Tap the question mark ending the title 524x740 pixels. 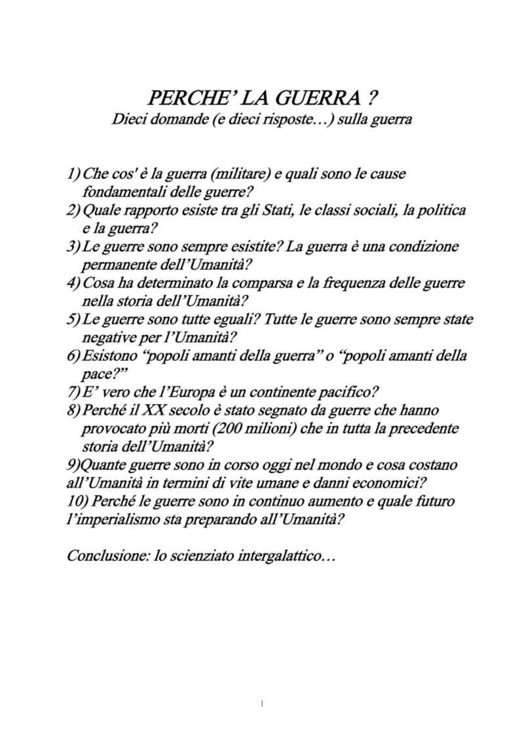coord(372,99)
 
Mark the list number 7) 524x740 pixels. coord(73,393)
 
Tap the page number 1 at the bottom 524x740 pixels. coord(261,704)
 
